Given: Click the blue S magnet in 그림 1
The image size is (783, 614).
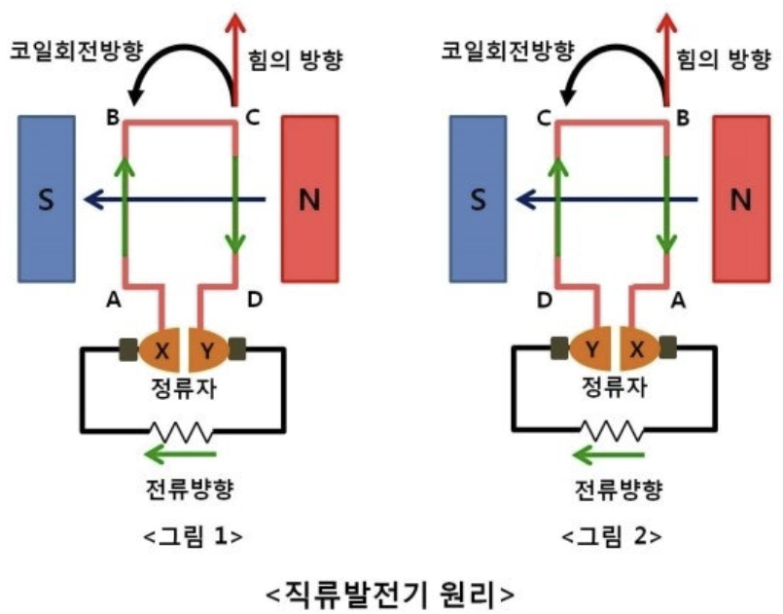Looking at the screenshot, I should [x=47, y=199].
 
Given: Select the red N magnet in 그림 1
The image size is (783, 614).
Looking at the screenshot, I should [x=309, y=199].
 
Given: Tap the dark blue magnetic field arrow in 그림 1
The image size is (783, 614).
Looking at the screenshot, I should [x=175, y=200].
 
